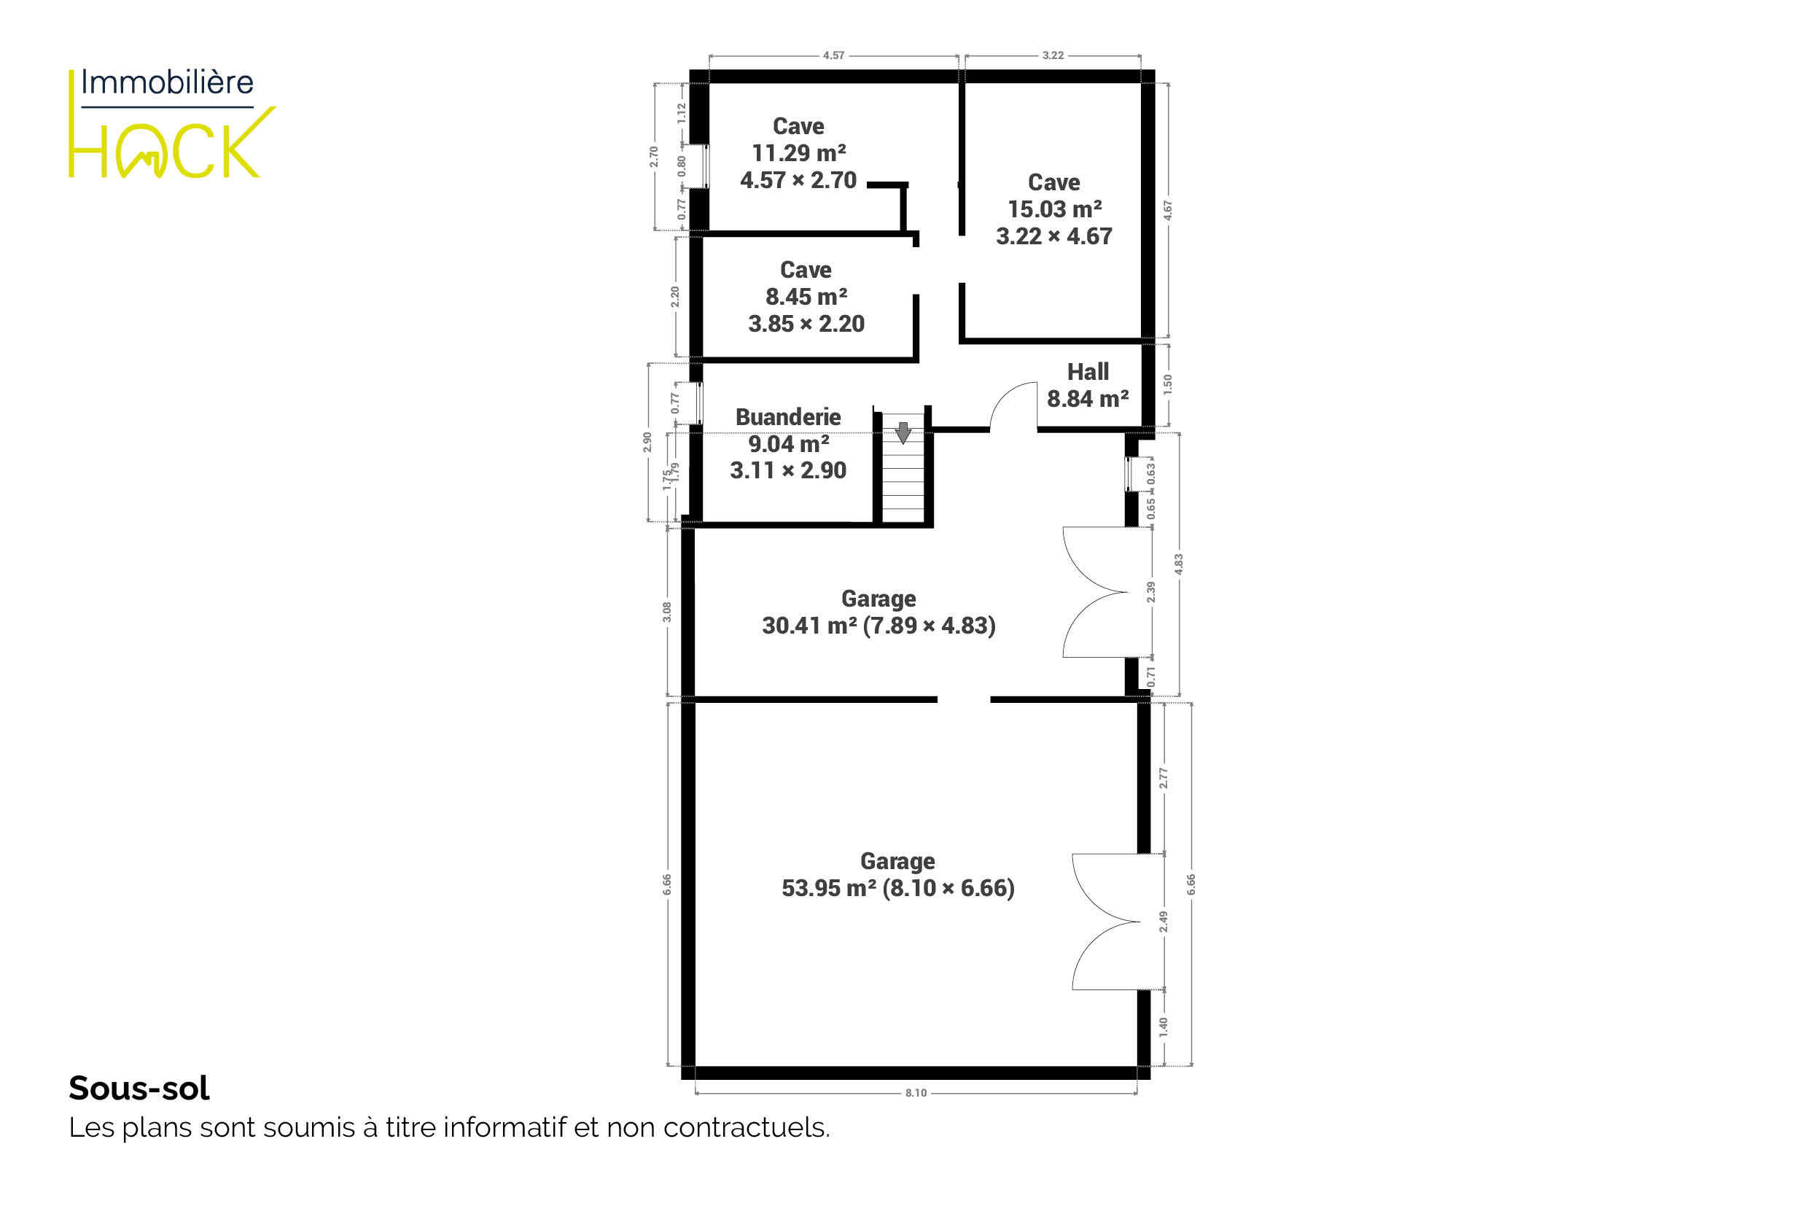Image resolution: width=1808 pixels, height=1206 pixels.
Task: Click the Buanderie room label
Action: click(x=787, y=417)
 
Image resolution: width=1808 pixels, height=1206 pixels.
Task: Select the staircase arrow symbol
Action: click(x=903, y=432)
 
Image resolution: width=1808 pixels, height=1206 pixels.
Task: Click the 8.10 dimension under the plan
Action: click(x=915, y=1093)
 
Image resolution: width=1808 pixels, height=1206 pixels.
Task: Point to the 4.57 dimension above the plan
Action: click(x=833, y=55)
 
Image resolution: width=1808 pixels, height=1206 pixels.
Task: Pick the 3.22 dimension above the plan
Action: click(x=1053, y=55)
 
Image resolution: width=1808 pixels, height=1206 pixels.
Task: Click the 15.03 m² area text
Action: click(x=1054, y=209)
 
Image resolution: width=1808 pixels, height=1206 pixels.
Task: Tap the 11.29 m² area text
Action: click(x=798, y=153)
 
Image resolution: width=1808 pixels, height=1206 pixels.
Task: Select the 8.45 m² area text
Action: click(x=806, y=297)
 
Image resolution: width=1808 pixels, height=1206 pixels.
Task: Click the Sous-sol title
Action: click(x=139, y=1089)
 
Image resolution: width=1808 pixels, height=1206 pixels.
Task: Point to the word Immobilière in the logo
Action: click(x=167, y=82)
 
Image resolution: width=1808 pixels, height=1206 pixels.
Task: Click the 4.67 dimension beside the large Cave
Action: click(x=1167, y=210)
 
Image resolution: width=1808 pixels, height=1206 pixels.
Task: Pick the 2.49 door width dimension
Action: click(x=1164, y=922)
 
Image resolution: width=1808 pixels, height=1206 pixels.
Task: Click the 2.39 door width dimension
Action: click(x=1150, y=591)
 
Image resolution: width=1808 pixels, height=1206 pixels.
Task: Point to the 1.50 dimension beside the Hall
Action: click(x=1167, y=384)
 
